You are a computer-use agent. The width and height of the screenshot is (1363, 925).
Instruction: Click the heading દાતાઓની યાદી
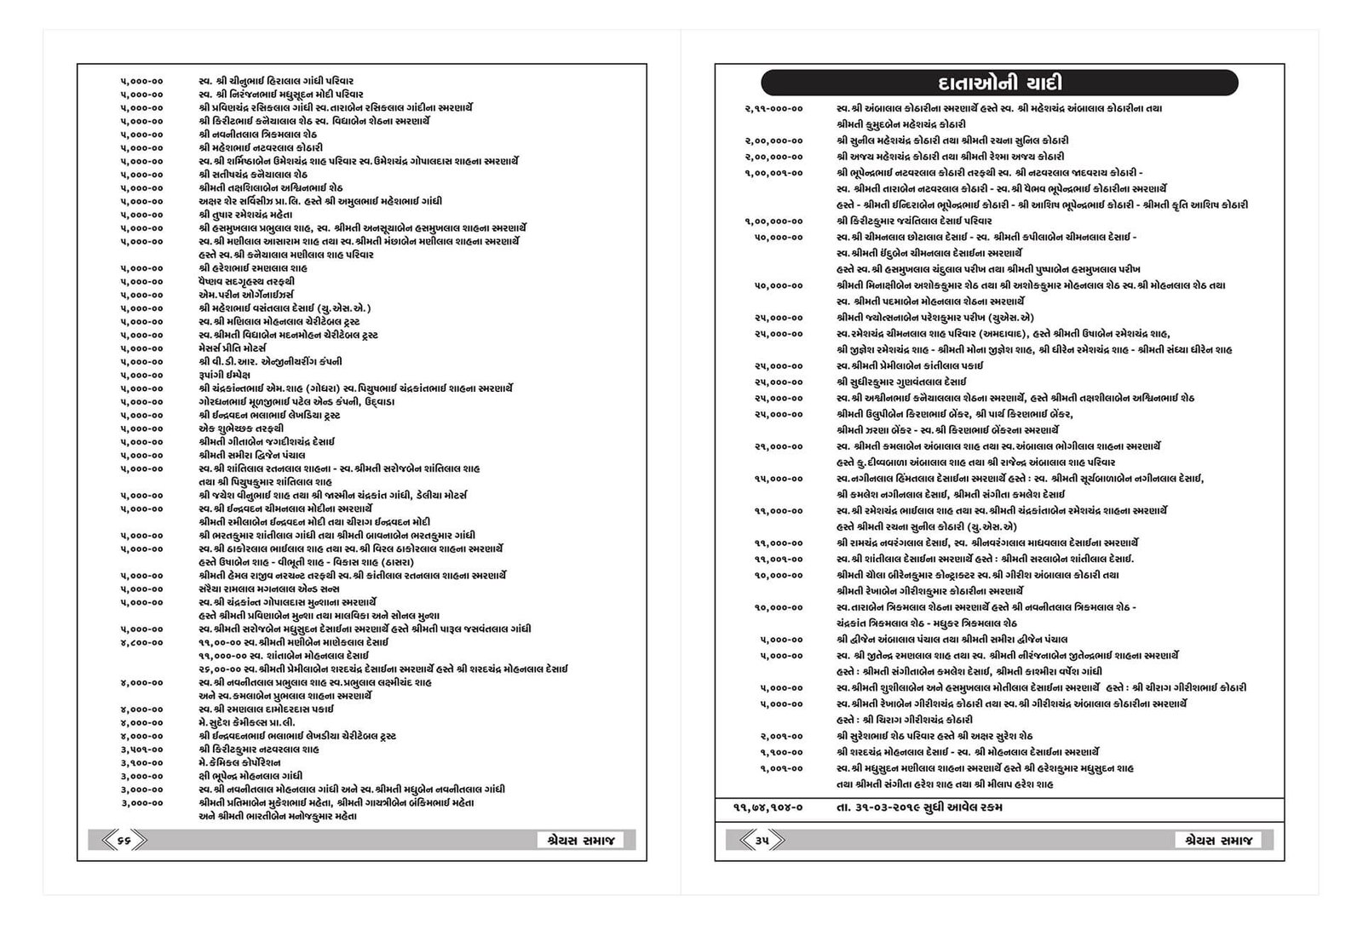pyautogui.click(x=998, y=83)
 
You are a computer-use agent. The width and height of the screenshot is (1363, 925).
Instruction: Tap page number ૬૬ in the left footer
pyautogui.click(x=124, y=841)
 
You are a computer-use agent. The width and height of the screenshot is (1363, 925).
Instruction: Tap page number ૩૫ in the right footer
pyautogui.click(x=762, y=841)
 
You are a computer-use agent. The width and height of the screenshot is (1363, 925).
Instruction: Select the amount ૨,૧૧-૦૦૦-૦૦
pyautogui.click(x=774, y=108)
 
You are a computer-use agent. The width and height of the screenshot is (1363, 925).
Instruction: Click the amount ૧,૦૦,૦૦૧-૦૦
pyautogui.click(x=774, y=173)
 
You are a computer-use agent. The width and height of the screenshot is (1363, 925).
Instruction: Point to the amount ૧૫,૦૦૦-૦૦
pyautogui.click(x=779, y=479)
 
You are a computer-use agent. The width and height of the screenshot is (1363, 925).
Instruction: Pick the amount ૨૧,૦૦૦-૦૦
pyautogui.click(x=779, y=446)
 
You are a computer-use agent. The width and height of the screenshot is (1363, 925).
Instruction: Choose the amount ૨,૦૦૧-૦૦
pyautogui.click(x=781, y=736)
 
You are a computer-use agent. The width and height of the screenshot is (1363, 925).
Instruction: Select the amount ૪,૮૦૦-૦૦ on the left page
pyautogui.click(x=141, y=642)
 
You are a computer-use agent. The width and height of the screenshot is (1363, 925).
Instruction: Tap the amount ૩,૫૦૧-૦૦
pyautogui.click(x=141, y=750)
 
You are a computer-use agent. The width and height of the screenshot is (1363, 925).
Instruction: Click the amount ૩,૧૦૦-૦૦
pyautogui.click(x=141, y=762)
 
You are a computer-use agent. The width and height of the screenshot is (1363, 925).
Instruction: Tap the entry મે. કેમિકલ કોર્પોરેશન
pyautogui.click(x=239, y=762)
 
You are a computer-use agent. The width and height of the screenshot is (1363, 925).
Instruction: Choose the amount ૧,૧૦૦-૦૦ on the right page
pyautogui.click(x=781, y=752)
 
